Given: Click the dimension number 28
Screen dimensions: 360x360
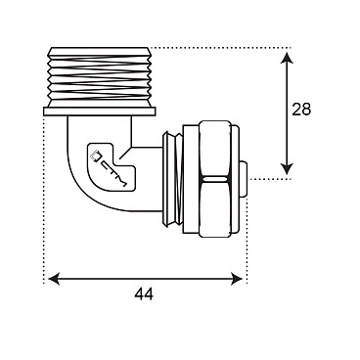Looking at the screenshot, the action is click(301, 110).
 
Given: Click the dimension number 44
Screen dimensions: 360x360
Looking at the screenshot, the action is click(144, 294).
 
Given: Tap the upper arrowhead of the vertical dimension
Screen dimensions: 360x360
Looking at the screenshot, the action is click(287, 58).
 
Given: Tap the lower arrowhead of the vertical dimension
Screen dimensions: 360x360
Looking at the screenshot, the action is click(287, 168).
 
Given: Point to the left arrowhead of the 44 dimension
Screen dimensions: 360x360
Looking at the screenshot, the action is click(54, 279).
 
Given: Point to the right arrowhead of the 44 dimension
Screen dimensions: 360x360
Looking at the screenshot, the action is click(237, 279).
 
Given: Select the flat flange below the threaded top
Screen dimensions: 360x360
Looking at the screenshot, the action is click(99, 112).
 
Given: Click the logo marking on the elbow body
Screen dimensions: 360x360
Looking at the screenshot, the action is click(111, 165).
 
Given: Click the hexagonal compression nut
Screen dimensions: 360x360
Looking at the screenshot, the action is click(216, 179).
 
